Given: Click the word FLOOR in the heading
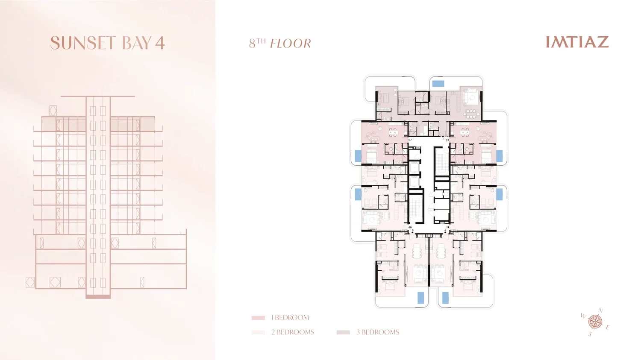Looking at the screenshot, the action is click(291, 44).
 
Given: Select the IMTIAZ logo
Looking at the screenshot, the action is click(577, 42).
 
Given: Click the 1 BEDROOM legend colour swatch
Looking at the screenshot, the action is click(258, 318).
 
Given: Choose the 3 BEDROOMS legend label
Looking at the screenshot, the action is click(378, 332).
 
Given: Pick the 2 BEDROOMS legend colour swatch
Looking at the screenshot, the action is click(258, 332).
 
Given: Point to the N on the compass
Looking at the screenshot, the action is click(601, 310).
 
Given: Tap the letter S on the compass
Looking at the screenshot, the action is click(590, 334).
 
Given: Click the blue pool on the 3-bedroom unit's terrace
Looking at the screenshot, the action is click(438, 84).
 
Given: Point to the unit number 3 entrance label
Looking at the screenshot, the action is click(447, 227).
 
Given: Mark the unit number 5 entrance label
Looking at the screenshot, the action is click(412, 231).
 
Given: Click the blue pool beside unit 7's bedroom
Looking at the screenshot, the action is click(358, 156).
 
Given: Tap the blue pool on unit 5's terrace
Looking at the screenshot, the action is click(420, 298).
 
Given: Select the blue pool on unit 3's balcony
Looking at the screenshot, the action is click(500, 194).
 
